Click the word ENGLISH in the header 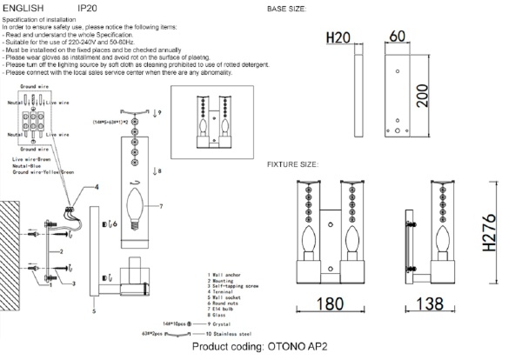22,8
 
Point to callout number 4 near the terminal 97,188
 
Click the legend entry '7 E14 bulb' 225,305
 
